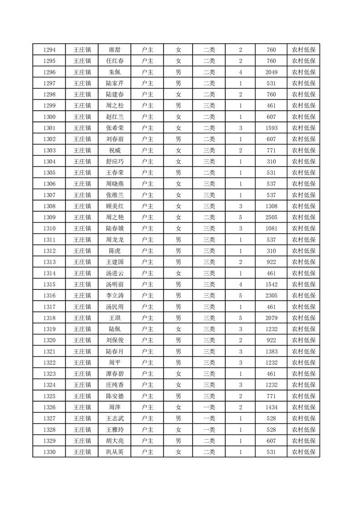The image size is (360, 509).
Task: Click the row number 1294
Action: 49,50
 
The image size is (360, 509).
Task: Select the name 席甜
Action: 114,50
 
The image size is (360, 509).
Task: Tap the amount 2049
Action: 271,72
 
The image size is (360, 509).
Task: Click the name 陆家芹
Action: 114,83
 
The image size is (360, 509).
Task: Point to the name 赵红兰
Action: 114,117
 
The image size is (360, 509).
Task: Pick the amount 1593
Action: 271,128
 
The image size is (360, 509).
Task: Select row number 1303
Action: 49,150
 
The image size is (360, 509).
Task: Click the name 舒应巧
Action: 114,162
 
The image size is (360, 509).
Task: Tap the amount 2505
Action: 271,217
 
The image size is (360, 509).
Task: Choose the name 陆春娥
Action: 114,228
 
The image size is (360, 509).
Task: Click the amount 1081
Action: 271,228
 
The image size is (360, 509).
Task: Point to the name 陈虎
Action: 114,251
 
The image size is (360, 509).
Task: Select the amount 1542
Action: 271,284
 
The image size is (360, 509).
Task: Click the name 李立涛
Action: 114,295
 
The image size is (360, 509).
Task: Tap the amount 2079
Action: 271,318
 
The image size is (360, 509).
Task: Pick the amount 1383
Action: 271,351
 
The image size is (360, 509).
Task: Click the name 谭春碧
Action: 114,373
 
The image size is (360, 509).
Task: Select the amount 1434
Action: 271,407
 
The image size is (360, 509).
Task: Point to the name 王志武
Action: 114,418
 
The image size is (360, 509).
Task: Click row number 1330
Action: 49,452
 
